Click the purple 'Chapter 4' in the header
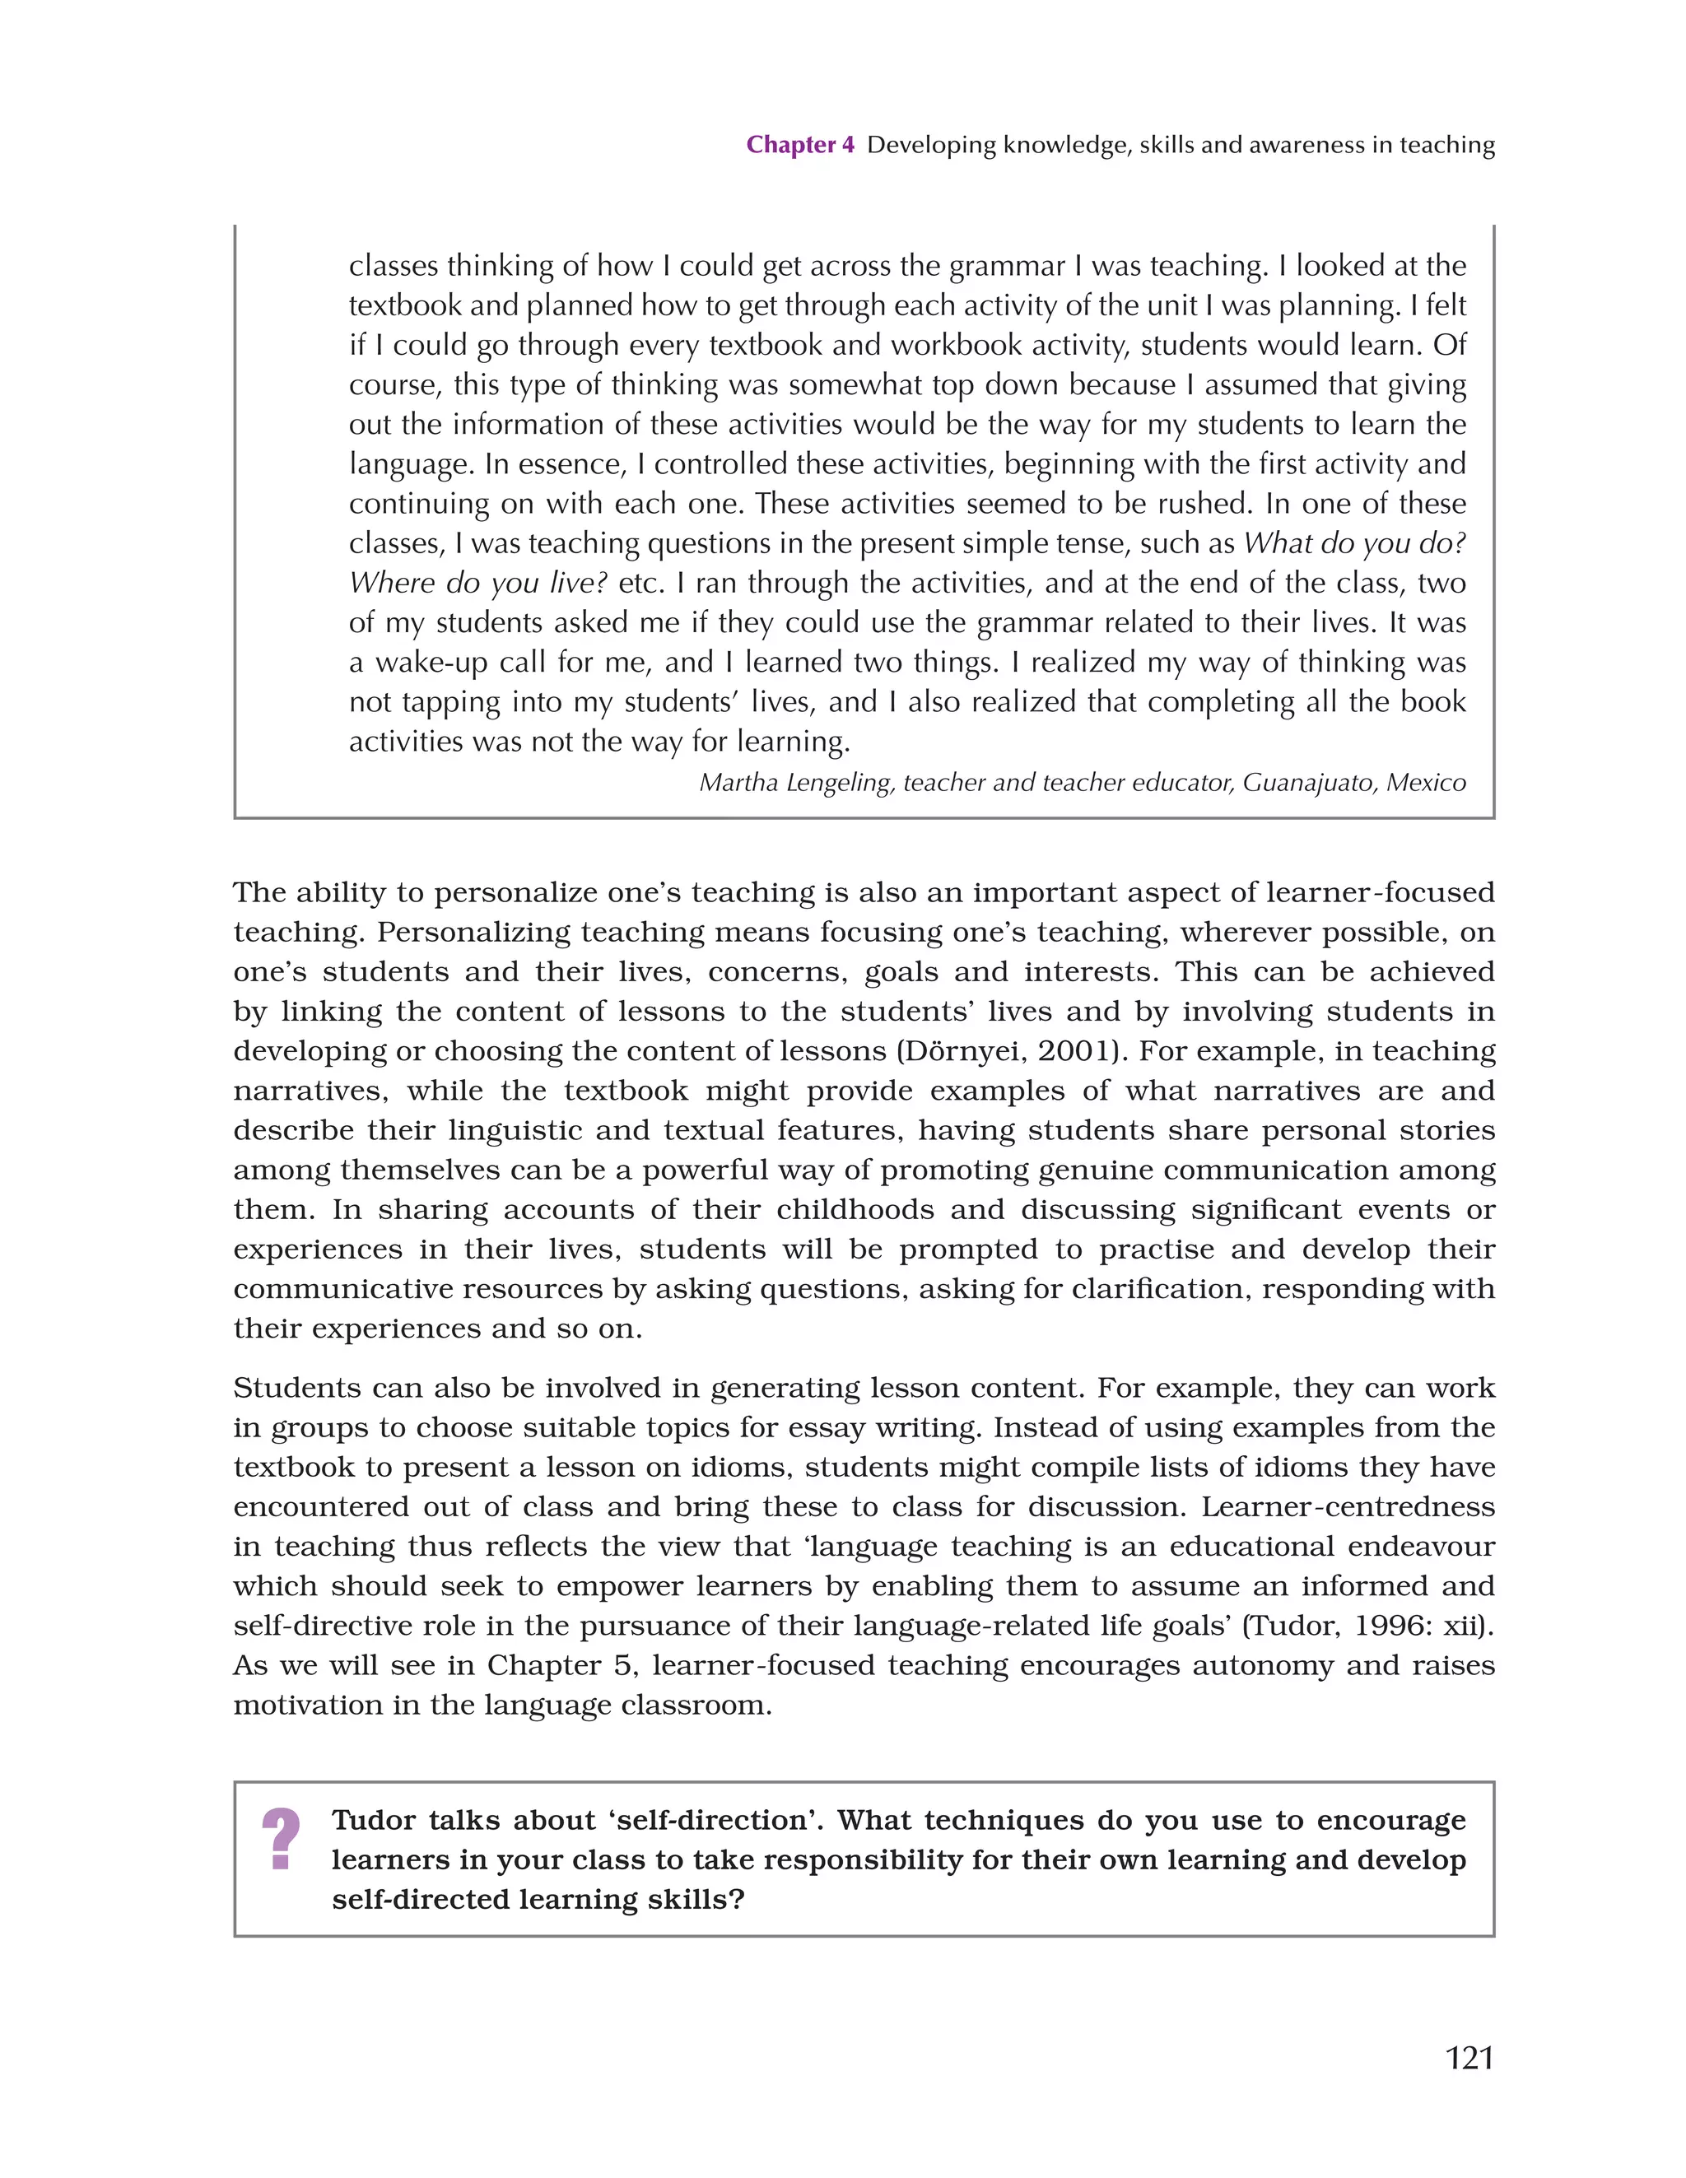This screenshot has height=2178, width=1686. tap(800, 146)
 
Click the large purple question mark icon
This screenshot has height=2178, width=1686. tap(281, 1839)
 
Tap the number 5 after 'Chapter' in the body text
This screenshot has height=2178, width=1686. tap(623, 1666)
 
